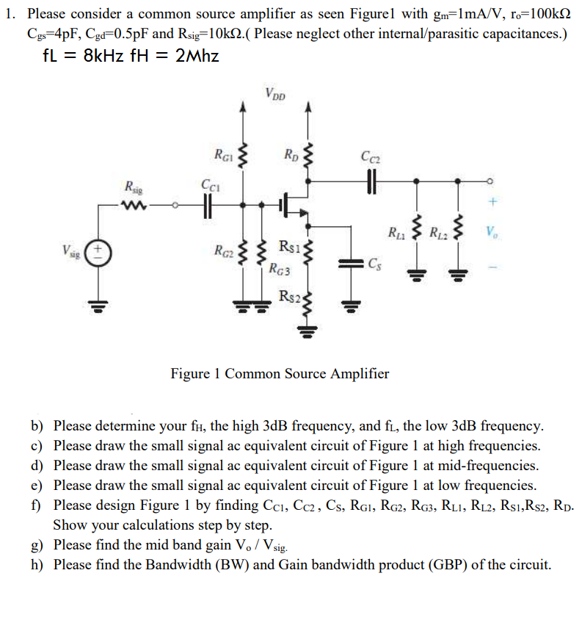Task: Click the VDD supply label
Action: (x=276, y=93)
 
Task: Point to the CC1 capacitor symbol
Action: (x=208, y=205)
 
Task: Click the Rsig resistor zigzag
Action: (x=134, y=205)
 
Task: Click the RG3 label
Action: (x=280, y=270)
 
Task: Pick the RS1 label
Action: (x=288, y=245)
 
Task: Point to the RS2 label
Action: (x=288, y=296)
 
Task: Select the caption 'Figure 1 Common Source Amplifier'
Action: (x=280, y=373)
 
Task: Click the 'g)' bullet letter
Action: (x=37, y=545)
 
